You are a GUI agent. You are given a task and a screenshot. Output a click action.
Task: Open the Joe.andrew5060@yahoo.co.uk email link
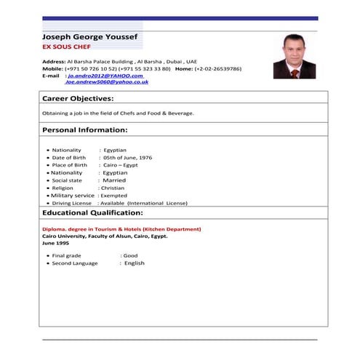107,82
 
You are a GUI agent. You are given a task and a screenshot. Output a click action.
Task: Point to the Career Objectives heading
78,97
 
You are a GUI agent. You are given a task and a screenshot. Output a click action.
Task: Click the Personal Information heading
85,130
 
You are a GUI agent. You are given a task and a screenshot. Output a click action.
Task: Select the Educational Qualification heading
92,213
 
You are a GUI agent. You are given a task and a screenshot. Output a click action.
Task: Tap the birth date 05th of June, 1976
127,157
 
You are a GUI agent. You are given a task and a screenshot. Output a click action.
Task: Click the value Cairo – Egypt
121,165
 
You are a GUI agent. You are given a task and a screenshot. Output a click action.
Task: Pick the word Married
114,180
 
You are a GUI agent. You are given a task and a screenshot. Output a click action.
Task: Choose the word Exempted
114,196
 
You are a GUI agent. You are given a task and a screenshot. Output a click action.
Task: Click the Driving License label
72,204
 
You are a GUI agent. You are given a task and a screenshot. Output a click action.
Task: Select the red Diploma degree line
121,229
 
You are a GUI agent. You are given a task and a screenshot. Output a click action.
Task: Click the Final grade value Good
130,256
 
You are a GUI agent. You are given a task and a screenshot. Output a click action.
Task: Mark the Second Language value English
134,263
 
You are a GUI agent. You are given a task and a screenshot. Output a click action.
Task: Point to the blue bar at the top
180,18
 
